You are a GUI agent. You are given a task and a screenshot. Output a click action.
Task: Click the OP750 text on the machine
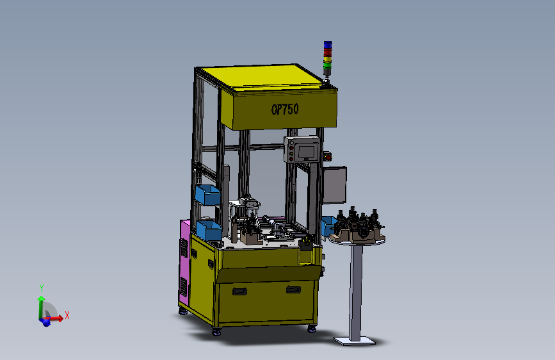click(285, 109)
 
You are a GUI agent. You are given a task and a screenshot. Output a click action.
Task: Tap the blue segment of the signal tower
click(328, 44)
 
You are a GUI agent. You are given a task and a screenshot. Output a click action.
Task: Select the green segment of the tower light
click(327, 65)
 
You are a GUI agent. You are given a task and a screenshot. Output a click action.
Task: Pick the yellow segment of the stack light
click(328, 58)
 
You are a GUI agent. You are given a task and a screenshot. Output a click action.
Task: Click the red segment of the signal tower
click(328, 52)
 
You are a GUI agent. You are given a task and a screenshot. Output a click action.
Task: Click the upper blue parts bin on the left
click(208, 195)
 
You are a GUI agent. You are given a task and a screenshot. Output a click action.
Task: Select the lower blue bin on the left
click(209, 230)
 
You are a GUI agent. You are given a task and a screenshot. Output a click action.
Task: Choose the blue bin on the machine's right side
click(328, 226)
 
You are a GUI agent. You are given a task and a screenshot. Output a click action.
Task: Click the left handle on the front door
click(239, 291)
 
